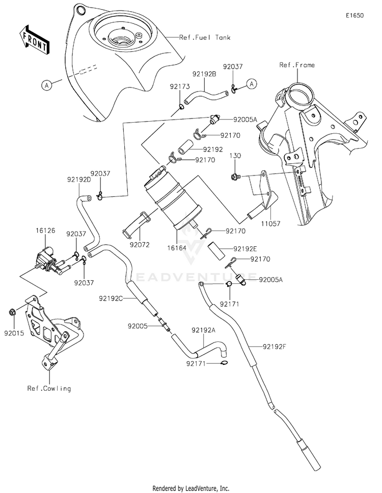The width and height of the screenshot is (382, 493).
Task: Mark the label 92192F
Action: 275,346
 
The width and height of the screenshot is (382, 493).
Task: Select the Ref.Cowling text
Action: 49,388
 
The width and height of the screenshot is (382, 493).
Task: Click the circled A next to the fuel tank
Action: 46,86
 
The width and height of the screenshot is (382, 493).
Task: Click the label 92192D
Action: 78,179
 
